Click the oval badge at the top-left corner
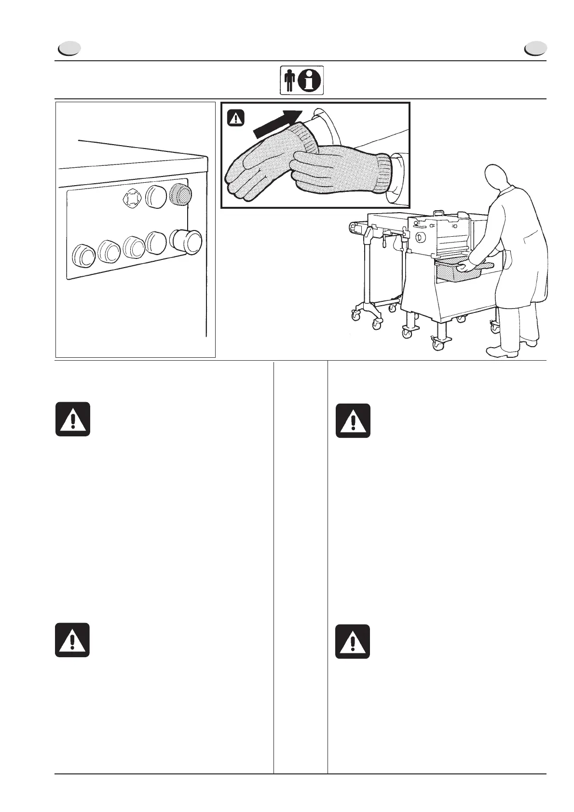click(x=68, y=49)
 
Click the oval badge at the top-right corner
click(x=535, y=49)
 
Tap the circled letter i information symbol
click(x=310, y=81)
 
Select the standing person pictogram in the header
click(x=289, y=81)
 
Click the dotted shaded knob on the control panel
click(x=180, y=194)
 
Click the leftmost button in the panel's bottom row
click(x=83, y=255)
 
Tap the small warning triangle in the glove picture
click(x=236, y=118)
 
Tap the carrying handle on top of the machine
click(x=438, y=213)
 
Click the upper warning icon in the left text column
click(x=72, y=419)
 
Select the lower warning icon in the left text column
click(x=72, y=640)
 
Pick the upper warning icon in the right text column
click(x=353, y=420)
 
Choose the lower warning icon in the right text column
click(x=353, y=641)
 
